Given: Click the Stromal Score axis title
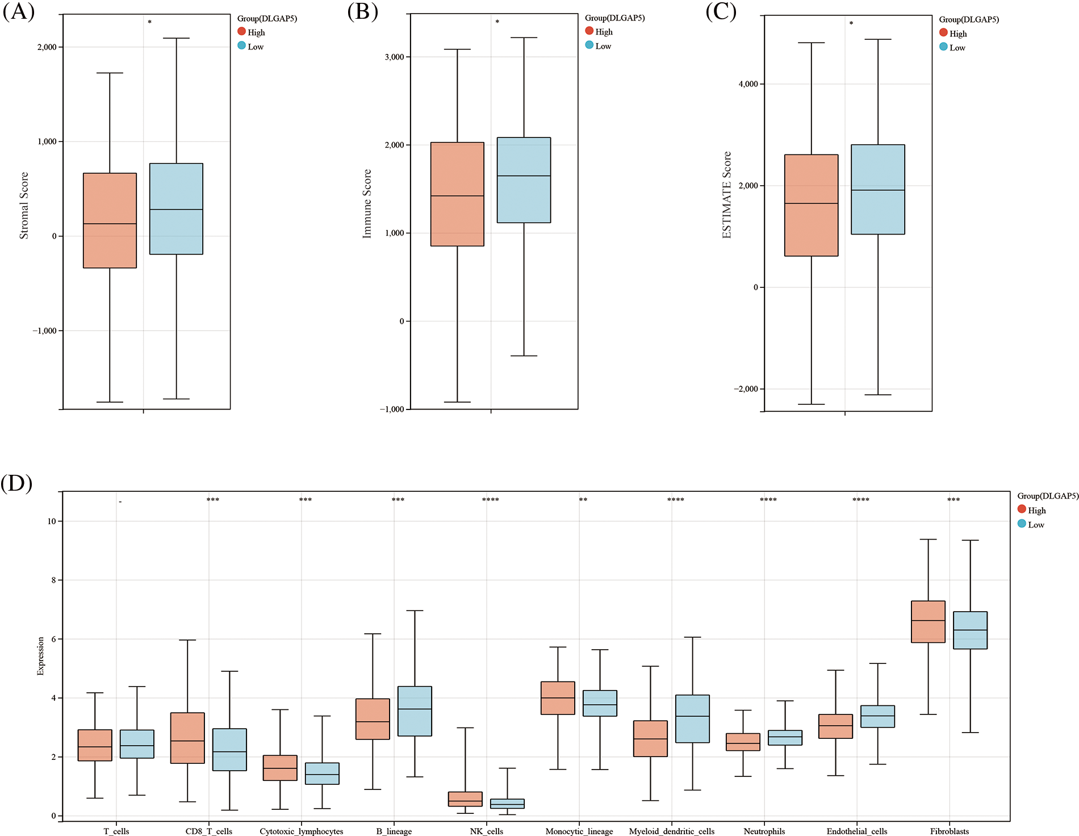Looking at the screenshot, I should click(24, 205).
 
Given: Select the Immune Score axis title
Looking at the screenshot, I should click(367, 203).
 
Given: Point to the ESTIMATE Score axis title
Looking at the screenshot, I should click(726, 195).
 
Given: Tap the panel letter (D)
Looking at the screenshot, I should click(16, 483).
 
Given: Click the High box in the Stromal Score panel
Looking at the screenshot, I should click(110, 220).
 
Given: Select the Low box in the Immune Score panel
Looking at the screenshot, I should click(524, 180).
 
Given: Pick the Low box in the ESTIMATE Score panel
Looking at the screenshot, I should click(878, 189).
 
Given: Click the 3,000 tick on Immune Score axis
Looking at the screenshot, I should click(394, 57).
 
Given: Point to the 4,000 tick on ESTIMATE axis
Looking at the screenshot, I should click(748, 84).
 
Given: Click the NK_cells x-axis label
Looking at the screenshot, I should click(486, 831).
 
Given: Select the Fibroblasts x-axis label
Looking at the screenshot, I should click(950, 831).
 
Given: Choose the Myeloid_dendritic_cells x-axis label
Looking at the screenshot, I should click(672, 831).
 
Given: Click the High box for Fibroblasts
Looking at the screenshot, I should click(928, 621).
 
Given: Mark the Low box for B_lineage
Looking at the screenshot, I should click(415, 711).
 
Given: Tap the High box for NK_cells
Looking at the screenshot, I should click(465, 799).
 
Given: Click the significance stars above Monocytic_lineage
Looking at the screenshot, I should click(583, 500).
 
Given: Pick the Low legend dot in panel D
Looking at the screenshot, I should click(1022, 524).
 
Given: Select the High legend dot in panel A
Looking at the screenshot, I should click(241, 31).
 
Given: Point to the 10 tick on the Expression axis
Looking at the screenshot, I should click(52, 521).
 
